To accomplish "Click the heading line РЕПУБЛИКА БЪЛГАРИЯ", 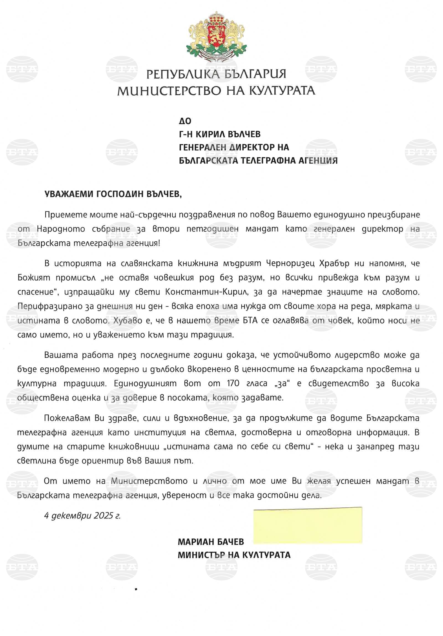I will click(x=216, y=74).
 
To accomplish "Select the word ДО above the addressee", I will click(x=185, y=121).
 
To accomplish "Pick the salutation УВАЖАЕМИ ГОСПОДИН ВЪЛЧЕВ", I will click(x=113, y=194).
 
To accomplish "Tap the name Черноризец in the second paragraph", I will click(x=290, y=263).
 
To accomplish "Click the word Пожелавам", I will click(x=68, y=418).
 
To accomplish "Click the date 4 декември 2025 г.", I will click(x=82, y=515).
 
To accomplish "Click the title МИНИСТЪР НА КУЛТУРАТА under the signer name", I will click(x=234, y=555).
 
